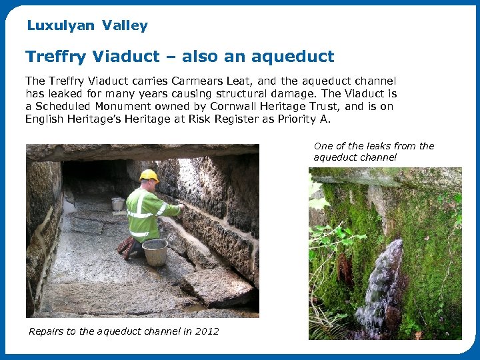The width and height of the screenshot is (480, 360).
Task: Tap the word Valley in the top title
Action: pyautogui.click(x=125, y=26)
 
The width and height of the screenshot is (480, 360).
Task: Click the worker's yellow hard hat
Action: pyautogui.click(x=149, y=175)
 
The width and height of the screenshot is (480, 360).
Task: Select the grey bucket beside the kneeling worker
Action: pyautogui.click(x=155, y=252)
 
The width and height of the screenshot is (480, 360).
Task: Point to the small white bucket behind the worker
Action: pyautogui.click(x=118, y=204)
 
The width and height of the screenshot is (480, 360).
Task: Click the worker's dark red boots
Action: pyautogui.click(x=127, y=247)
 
